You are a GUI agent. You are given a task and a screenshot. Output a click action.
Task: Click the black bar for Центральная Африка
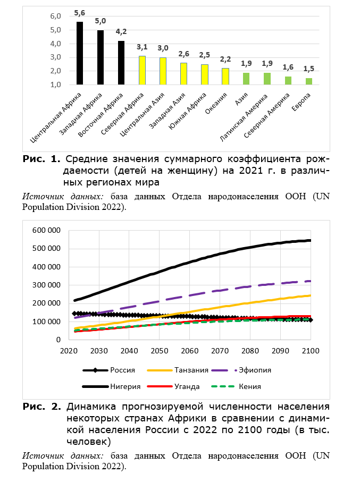(80, 53)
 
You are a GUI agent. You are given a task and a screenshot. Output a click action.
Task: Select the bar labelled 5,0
(101, 57)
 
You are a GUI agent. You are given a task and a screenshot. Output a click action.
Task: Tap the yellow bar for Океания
(225, 76)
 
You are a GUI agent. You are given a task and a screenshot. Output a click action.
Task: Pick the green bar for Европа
(308, 81)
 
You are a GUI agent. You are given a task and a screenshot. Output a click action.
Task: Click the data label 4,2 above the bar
(121, 32)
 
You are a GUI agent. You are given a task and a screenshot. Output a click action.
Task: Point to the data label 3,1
(142, 47)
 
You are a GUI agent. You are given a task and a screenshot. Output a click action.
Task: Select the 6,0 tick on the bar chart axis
(56, 16)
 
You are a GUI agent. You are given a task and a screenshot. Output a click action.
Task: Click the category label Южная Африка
(188, 111)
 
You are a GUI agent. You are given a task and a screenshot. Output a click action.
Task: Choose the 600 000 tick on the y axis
(46, 230)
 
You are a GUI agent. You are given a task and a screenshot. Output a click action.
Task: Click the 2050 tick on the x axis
(160, 351)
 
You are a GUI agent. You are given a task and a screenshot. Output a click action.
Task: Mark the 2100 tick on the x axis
(311, 351)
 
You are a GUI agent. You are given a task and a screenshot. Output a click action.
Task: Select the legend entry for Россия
(109, 370)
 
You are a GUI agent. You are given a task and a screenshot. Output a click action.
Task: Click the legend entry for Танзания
(178, 370)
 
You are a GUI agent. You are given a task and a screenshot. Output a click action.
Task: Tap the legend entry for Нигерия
(111, 387)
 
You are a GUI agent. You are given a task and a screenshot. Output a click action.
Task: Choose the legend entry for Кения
(236, 387)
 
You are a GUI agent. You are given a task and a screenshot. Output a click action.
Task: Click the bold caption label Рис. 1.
(41, 159)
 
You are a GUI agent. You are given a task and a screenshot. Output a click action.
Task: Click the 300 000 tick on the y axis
(46, 285)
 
